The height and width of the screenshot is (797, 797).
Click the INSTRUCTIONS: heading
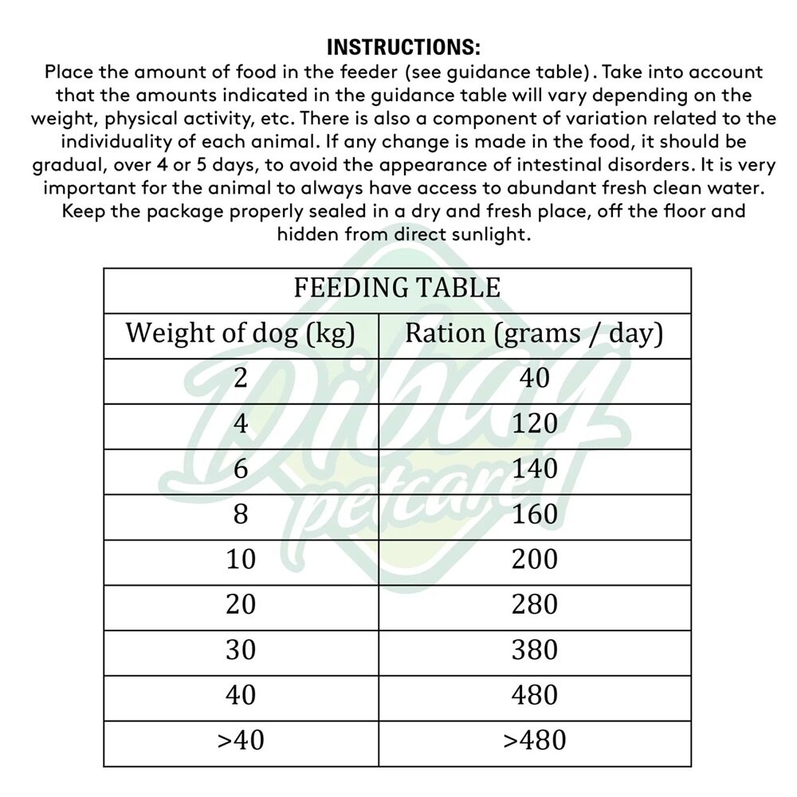coord(403,47)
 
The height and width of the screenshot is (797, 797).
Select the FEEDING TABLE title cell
coord(397,288)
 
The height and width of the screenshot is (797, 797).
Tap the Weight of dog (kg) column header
coord(240,333)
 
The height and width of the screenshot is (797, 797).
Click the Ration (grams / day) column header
coord(534,333)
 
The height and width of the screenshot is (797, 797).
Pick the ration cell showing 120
coord(535,423)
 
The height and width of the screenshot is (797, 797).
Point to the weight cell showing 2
coord(240,378)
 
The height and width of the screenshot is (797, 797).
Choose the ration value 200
coord(535,559)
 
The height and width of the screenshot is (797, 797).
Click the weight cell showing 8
coord(240,514)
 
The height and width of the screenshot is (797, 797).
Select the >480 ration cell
coord(535,740)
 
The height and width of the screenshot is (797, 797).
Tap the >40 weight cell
coord(240,740)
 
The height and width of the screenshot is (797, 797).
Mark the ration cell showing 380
coord(535,650)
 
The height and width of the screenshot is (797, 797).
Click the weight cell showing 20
coord(240,605)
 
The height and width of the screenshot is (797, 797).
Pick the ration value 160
coord(535,514)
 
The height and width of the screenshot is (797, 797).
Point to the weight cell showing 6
coord(240,469)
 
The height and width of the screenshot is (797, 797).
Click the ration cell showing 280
coord(535,605)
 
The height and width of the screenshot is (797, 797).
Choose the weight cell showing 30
coord(240,650)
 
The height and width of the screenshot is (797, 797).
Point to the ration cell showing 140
coord(535,469)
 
